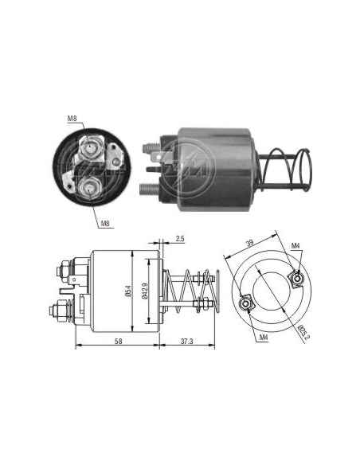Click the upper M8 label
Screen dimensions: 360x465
(72, 119)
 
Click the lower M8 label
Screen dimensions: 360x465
(105, 223)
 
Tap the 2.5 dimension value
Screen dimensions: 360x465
(180, 238)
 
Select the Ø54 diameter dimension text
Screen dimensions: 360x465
(128, 291)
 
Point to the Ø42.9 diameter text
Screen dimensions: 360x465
(144, 291)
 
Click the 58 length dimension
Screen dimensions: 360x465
(118, 342)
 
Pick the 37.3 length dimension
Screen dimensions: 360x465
(187, 342)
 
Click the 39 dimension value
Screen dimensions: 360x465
(250, 243)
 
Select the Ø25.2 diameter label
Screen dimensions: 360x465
(302, 333)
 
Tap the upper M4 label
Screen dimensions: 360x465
(295, 245)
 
